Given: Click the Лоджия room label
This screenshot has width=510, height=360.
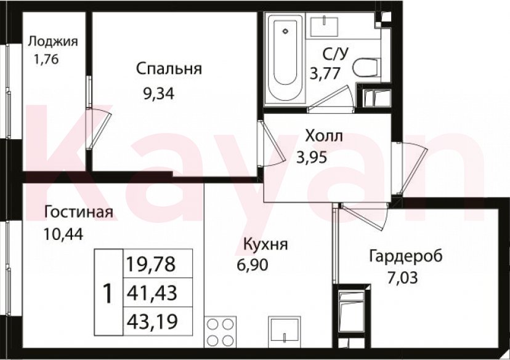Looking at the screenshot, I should coord(53,42).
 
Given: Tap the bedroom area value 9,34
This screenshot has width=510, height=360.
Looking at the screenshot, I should coord(158,94).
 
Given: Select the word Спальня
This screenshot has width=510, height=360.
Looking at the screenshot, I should coord(169,68).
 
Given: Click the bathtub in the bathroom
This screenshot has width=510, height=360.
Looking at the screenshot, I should coord(285,60).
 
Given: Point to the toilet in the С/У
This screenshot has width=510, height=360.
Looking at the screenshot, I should coord(368,66).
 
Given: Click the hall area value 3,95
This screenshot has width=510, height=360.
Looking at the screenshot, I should coord(311,156).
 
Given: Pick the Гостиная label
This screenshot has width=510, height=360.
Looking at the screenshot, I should coord(78,213).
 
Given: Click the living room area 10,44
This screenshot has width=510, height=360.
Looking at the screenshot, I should coord(63,234).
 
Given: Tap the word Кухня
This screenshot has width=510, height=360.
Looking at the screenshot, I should coord(265,244).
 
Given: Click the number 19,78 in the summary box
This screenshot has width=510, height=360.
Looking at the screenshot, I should coord(151,265).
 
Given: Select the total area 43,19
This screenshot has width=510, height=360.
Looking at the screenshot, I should coord(151,321).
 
